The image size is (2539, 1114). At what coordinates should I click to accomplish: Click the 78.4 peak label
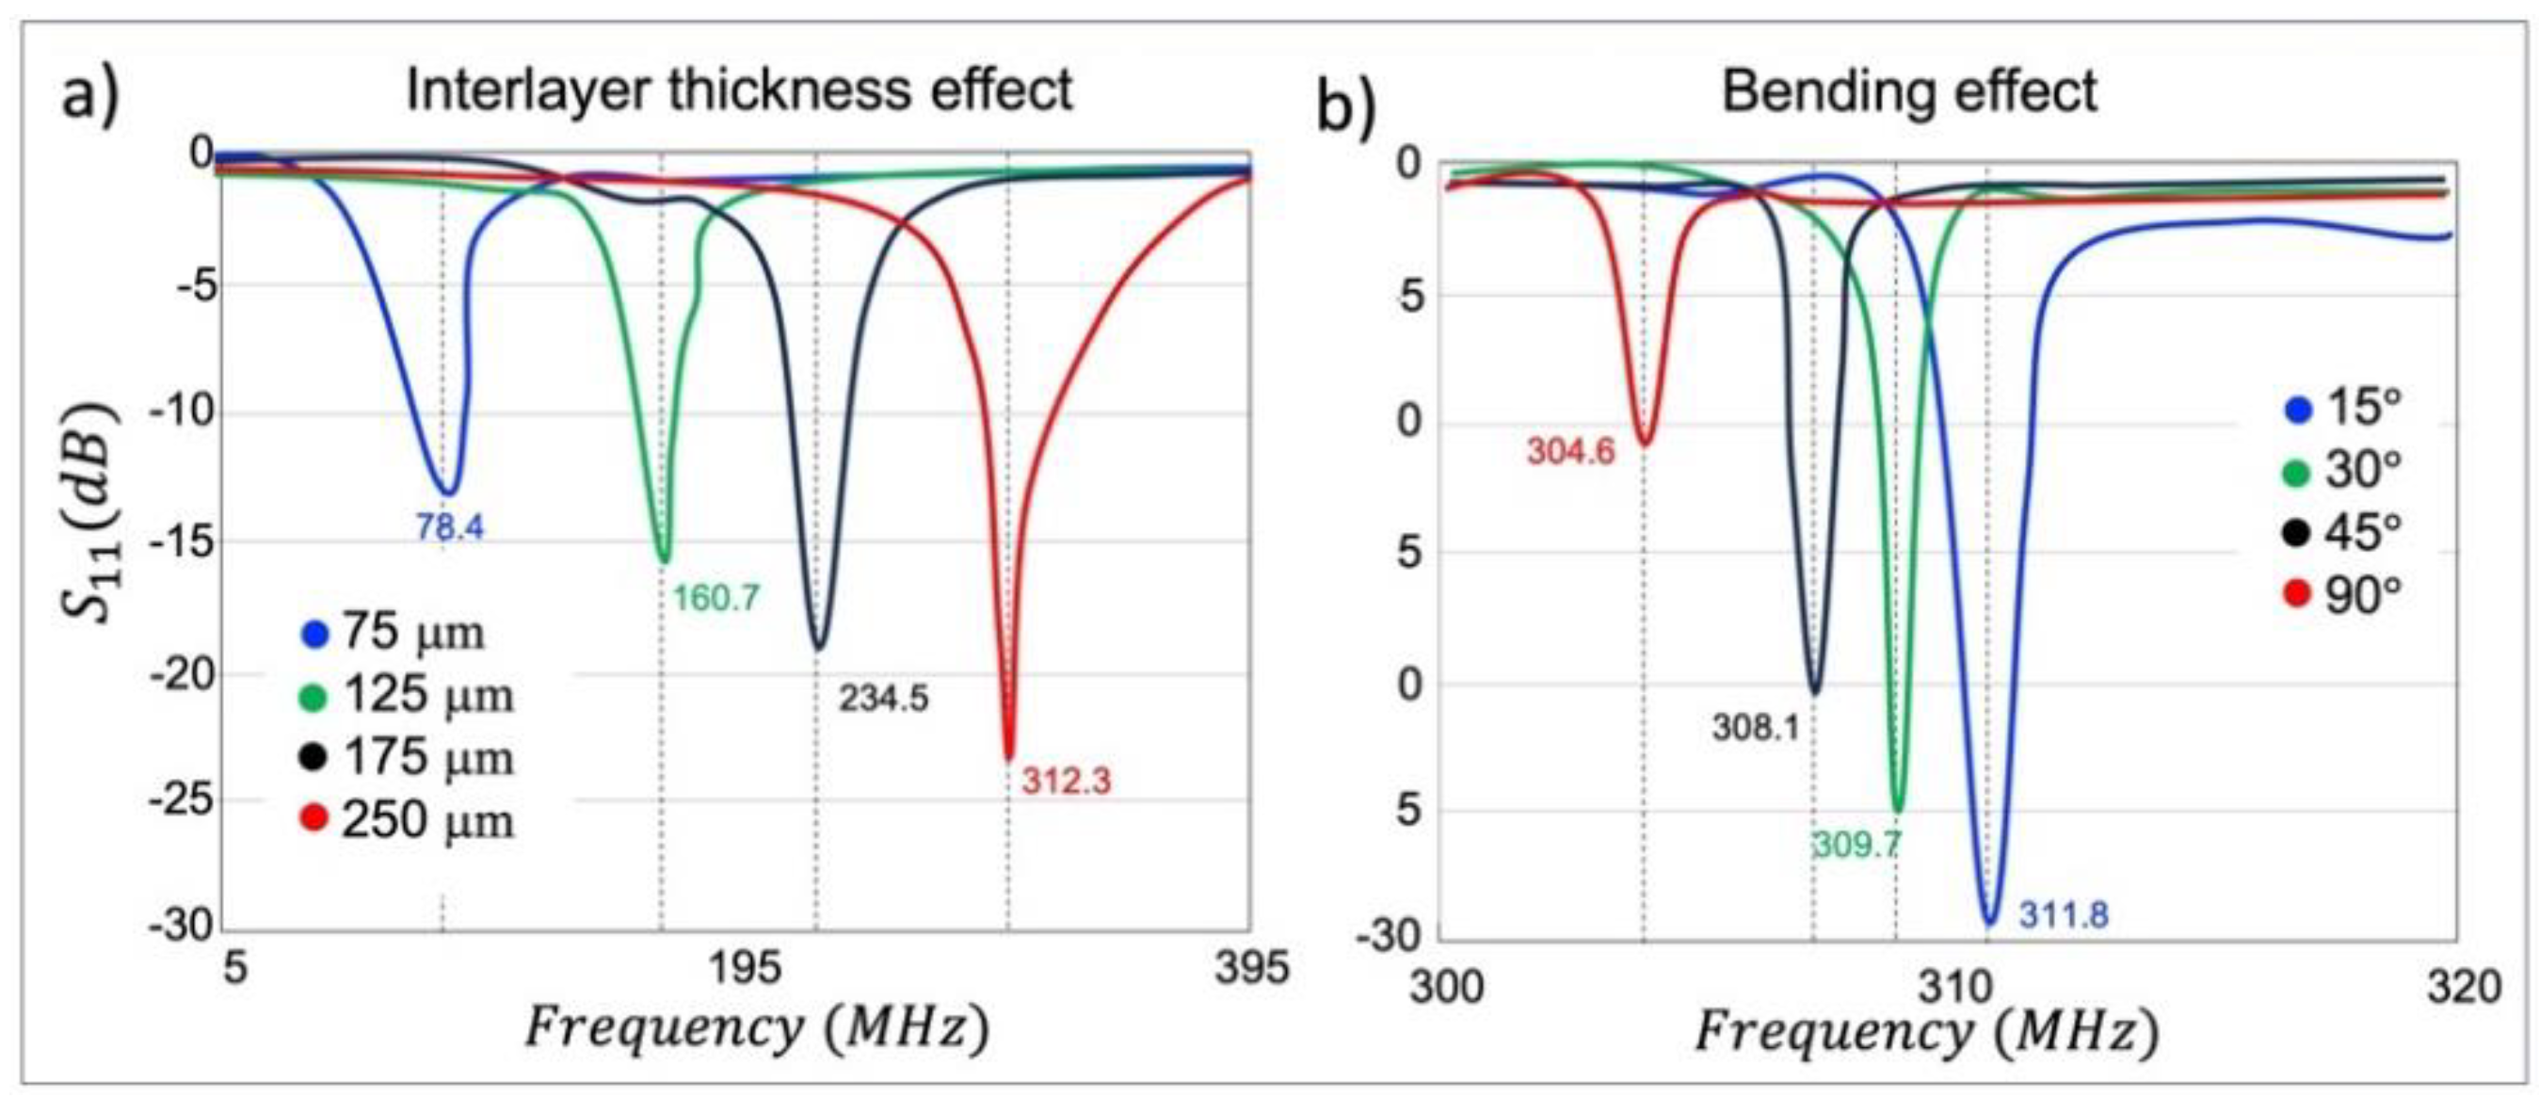(x=449, y=528)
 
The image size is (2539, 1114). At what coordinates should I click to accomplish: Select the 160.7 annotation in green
(x=716, y=598)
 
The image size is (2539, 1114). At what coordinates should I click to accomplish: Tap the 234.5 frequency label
(x=883, y=699)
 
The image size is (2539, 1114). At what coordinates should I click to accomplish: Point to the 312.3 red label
(x=1066, y=782)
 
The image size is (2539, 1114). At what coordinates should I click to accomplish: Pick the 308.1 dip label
(x=1756, y=729)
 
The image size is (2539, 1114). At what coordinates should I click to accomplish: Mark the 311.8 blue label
(x=2064, y=916)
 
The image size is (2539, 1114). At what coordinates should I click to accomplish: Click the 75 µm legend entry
(x=394, y=633)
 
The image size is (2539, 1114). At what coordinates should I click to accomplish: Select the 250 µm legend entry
(x=408, y=820)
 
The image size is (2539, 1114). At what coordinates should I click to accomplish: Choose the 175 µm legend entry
(x=408, y=758)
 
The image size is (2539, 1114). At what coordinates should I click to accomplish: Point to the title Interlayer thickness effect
(x=739, y=91)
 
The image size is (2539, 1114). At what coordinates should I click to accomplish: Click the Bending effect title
(x=1909, y=92)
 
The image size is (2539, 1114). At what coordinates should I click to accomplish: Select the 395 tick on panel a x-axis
(x=1251, y=968)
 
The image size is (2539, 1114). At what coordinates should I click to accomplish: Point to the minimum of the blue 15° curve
(x=1989, y=923)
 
